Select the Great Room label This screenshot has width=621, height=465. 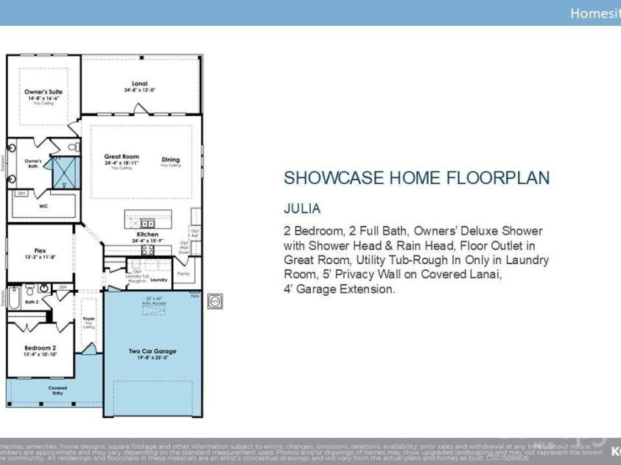pos(122,157)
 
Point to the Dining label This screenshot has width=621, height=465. pos(170,160)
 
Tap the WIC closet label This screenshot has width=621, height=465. pos(43,206)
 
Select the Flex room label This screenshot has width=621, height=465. pos(40,251)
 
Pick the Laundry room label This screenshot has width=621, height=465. pos(158,280)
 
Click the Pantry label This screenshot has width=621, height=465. pos(183,273)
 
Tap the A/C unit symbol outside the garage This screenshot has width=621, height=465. pos(214,301)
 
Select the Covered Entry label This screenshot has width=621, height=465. pos(57,390)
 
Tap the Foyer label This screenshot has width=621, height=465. pos(88,319)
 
